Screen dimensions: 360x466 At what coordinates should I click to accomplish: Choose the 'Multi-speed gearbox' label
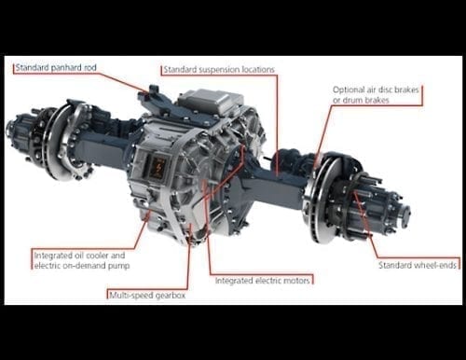[x=145, y=295]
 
